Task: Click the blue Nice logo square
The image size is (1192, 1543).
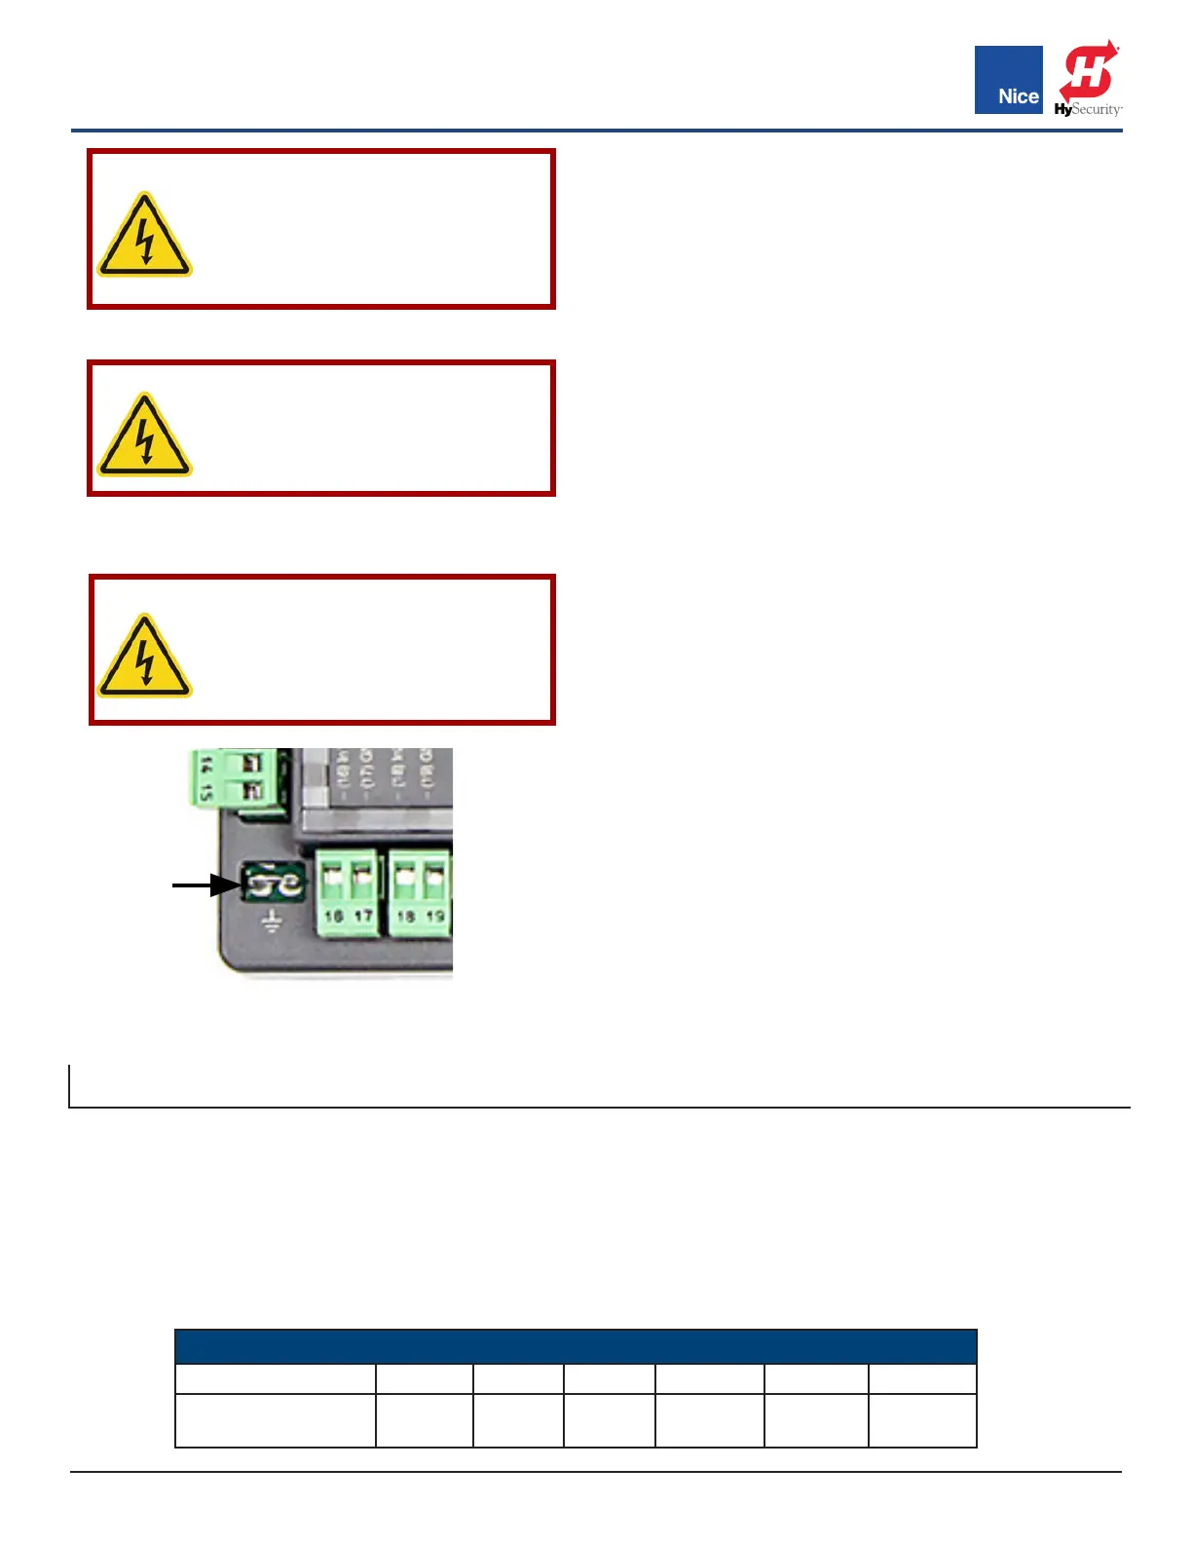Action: point(1008,79)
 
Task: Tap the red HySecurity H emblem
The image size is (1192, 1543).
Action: point(1090,71)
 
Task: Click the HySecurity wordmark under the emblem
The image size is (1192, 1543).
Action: point(1088,109)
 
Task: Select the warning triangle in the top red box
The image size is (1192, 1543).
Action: point(144,237)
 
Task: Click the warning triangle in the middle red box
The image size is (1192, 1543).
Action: point(144,437)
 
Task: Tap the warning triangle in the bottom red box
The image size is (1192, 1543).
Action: point(144,658)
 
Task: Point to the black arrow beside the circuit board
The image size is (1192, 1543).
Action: point(205,884)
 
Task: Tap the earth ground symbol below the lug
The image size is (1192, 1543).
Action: point(272,921)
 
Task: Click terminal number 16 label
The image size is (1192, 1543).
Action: point(333,917)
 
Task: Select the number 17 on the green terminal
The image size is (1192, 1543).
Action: point(363,917)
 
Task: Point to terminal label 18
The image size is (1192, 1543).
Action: point(406,917)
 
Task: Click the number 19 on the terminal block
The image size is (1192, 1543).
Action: point(435,917)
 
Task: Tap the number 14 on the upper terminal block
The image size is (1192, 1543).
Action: point(205,766)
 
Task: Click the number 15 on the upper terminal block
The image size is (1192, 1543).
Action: point(205,792)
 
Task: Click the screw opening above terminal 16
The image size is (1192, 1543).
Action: point(332,878)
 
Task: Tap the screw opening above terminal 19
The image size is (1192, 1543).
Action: point(434,878)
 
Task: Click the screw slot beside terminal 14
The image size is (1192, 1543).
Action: point(250,763)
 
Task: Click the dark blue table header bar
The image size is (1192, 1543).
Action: point(575,1346)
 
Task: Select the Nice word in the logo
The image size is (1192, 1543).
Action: point(1018,96)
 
